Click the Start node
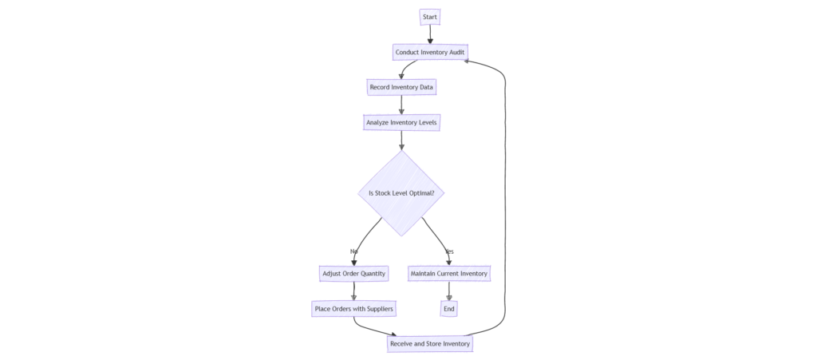coord(430,17)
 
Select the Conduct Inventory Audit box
coord(430,53)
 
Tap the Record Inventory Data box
coord(401,86)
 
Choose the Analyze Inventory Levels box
coord(401,123)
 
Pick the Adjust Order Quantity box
coord(353,274)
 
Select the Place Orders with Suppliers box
coord(353,309)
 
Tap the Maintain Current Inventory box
coord(449,274)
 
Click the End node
coord(449,309)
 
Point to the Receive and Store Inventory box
coord(430,344)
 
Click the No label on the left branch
coord(353,251)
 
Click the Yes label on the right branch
coord(449,251)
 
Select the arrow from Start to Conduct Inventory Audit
coord(430,34)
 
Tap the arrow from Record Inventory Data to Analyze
coord(401,105)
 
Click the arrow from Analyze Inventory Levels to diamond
coord(401,140)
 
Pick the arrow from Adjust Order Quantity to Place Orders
coord(353,291)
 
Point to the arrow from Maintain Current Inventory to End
coord(449,291)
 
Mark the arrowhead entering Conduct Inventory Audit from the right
coord(470,59)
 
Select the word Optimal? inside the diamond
coord(429,193)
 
